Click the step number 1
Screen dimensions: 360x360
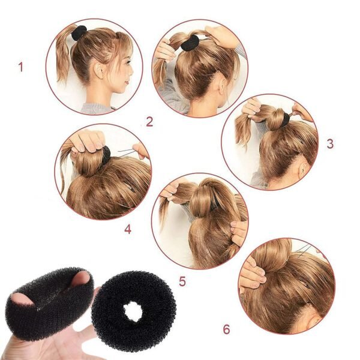20,67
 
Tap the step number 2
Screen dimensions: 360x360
149,122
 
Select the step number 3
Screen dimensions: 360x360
329,144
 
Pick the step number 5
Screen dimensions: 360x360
182,281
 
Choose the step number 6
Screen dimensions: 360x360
226,329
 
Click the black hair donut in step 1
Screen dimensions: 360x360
79,33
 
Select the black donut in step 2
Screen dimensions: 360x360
190,43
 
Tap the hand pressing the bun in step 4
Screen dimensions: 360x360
88,142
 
